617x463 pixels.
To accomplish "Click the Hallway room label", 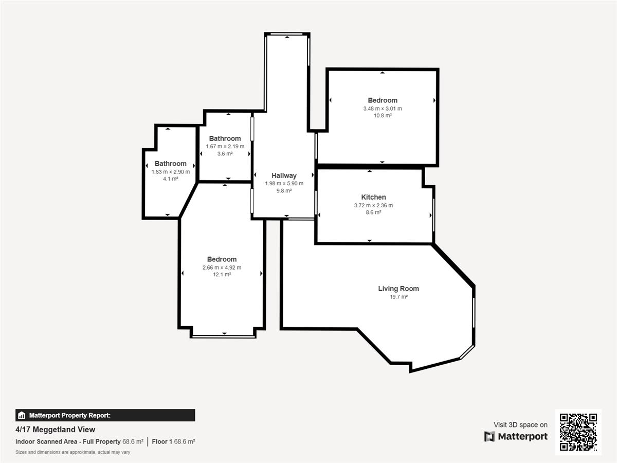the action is tap(284, 176).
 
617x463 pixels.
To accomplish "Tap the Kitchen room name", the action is tap(373, 197).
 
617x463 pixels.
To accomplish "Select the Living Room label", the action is tap(398, 289).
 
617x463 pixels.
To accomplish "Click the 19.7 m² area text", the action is tap(398, 297).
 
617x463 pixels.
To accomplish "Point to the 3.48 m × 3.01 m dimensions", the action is tap(383, 109).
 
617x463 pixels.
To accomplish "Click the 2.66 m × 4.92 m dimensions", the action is tap(222, 268).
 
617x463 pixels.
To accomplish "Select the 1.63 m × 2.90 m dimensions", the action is tap(170, 172).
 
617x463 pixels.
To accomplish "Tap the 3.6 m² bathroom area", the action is tap(225, 154).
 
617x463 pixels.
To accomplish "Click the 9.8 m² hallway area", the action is tap(284, 191).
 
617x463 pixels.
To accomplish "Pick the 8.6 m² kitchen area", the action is tap(373, 212).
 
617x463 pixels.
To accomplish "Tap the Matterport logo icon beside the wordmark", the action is tap(489, 437).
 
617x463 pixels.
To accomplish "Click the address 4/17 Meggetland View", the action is tap(56, 430).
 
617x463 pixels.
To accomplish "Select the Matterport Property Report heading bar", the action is tap(105, 415).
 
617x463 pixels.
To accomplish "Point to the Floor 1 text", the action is tap(162, 441).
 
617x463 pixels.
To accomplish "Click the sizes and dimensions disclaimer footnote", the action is tap(73, 452).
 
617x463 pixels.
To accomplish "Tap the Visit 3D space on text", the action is tap(520, 425).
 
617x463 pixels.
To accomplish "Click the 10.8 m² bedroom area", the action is tap(383, 116).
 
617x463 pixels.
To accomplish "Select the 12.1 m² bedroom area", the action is tap(222, 274).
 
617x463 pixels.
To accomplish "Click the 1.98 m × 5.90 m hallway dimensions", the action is tap(284, 184).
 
